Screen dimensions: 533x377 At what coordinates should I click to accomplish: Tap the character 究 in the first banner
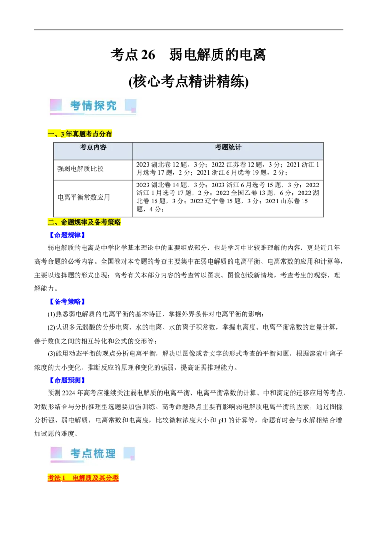click(111, 105)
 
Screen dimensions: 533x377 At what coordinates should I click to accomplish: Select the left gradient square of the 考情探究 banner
click(56, 105)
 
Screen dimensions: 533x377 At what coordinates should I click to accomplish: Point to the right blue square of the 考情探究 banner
click(131, 105)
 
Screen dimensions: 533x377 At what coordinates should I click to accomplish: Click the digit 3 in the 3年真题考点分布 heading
click(63, 134)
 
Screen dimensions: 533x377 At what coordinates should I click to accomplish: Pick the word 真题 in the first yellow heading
click(78, 134)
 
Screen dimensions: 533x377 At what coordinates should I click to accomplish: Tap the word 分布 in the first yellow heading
click(107, 134)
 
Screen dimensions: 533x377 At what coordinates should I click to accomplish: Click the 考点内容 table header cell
click(93, 147)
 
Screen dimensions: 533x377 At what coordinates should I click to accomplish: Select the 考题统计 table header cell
click(228, 147)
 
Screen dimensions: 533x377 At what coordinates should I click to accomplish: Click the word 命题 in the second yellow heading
click(67, 222)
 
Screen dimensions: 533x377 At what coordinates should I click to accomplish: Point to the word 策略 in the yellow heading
click(115, 222)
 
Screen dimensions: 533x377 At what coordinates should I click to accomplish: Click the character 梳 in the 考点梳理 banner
click(98, 453)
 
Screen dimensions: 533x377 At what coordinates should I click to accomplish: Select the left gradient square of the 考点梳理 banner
click(56, 452)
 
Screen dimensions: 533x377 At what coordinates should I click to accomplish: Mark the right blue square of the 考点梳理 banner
click(129, 453)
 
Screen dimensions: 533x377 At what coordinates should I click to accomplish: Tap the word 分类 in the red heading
click(113, 478)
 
